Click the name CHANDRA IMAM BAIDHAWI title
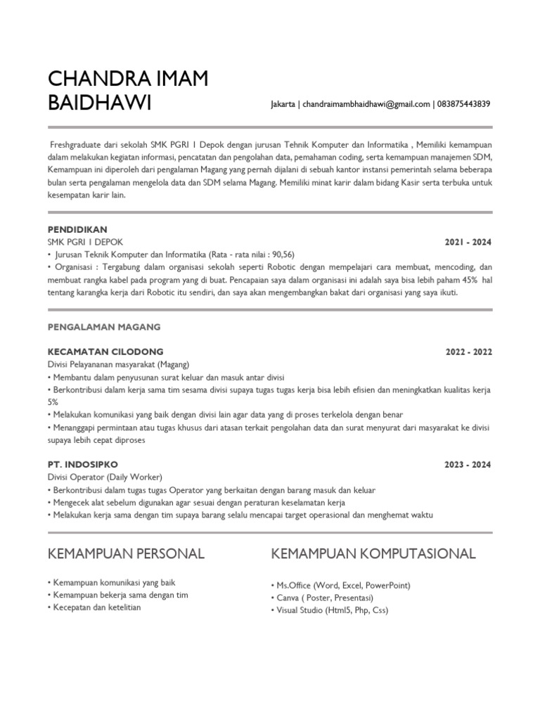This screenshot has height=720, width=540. (127, 90)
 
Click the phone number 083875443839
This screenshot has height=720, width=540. (463, 104)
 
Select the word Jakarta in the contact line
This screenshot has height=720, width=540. (283, 104)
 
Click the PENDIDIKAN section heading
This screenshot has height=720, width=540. (77, 230)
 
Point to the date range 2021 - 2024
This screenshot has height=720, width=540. (468, 243)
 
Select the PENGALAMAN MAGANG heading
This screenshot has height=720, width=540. (104, 327)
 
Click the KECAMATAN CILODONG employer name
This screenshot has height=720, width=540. (105, 351)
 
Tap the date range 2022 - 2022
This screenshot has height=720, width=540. (468, 352)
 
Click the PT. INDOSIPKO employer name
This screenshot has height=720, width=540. (82, 465)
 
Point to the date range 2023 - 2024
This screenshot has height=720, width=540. (468, 465)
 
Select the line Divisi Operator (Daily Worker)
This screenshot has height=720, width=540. (105, 477)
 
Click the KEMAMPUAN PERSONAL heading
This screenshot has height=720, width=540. (126, 554)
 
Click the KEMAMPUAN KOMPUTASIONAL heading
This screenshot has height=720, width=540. (373, 554)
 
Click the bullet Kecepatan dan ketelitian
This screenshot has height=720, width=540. (96, 607)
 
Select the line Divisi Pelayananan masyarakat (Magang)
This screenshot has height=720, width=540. (119, 364)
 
